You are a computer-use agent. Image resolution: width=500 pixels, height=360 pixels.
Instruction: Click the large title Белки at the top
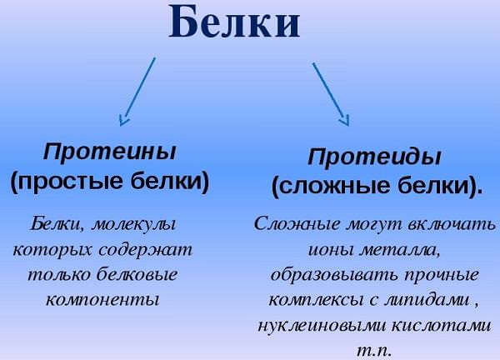coord(234,22)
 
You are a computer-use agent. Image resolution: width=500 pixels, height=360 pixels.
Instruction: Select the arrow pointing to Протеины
coord(137,92)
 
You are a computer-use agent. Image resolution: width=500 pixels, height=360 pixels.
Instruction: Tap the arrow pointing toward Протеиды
coord(331,94)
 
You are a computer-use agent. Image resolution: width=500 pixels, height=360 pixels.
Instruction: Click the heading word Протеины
coord(109,152)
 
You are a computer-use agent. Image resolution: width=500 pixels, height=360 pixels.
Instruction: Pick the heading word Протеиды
coord(374,157)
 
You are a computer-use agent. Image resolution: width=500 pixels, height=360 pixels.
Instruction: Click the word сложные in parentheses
coord(331,187)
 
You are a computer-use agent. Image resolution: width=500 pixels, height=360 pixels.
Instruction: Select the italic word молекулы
coord(133,224)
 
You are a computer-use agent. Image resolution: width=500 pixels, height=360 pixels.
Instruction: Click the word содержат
coord(145,249)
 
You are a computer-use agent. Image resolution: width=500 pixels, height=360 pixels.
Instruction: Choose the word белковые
coord(137,274)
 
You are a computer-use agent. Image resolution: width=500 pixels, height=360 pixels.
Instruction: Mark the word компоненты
coord(102,299)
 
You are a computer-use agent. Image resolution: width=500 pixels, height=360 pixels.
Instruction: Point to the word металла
coord(400,249)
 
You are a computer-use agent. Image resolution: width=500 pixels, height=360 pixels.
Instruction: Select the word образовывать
coord(335,274)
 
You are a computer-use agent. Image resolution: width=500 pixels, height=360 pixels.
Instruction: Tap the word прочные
coord(442,275)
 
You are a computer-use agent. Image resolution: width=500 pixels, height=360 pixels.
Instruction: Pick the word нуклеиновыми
coord(322,325)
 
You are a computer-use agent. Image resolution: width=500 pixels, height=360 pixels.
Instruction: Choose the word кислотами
coord(441,325)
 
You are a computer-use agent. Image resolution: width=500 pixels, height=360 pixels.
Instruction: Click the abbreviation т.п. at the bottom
coord(373,351)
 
